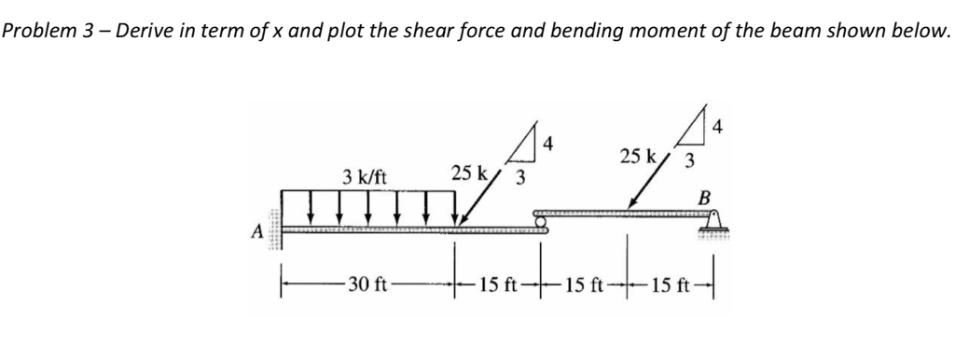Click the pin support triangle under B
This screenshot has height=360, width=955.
pos(715,224)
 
